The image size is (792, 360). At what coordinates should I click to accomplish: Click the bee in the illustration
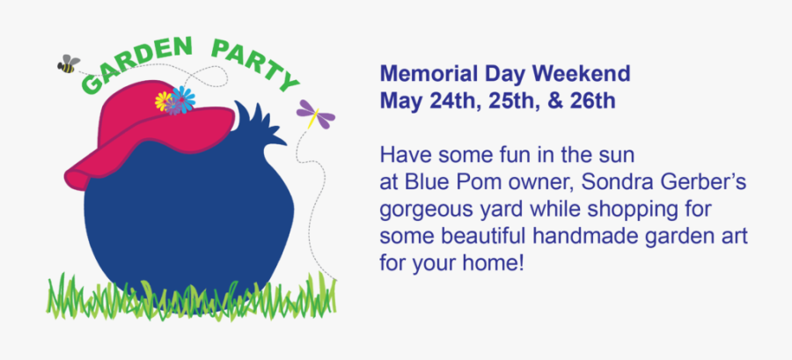point(68,64)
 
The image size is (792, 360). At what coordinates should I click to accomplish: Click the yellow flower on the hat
point(163,100)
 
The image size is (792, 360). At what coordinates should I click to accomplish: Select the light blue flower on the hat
point(182,97)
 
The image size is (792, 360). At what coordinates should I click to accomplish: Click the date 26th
point(592,100)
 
